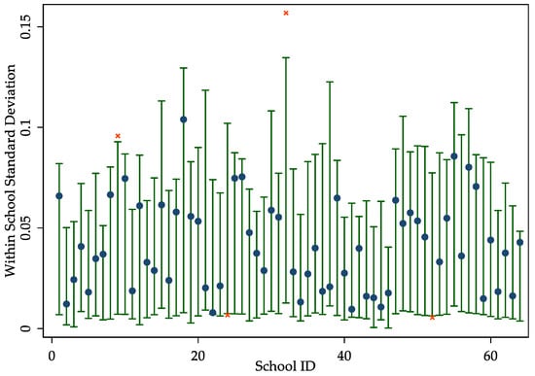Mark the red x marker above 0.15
286,13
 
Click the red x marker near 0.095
118,136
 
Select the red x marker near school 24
228,315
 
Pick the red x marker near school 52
432,317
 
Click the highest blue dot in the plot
183,120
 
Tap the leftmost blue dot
59,195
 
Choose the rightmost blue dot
519,242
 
